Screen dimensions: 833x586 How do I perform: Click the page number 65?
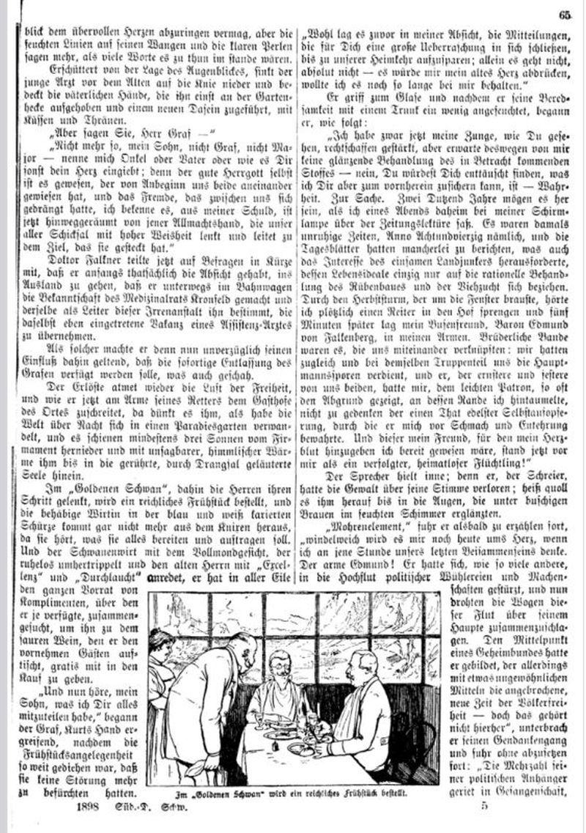pyautogui.click(x=564, y=12)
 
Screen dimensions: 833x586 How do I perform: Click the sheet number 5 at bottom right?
pyautogui.click(x=484, y=807)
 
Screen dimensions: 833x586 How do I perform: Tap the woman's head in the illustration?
pyautogui.click(x=163, y=643)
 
